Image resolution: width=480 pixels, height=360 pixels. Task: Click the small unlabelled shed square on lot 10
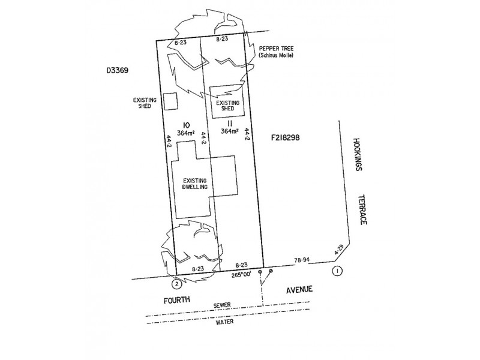[x=172, y=101]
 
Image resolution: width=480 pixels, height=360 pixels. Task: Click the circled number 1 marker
[x=338, y=271]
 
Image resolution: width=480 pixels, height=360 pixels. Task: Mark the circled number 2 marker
[x=176, y=283]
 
